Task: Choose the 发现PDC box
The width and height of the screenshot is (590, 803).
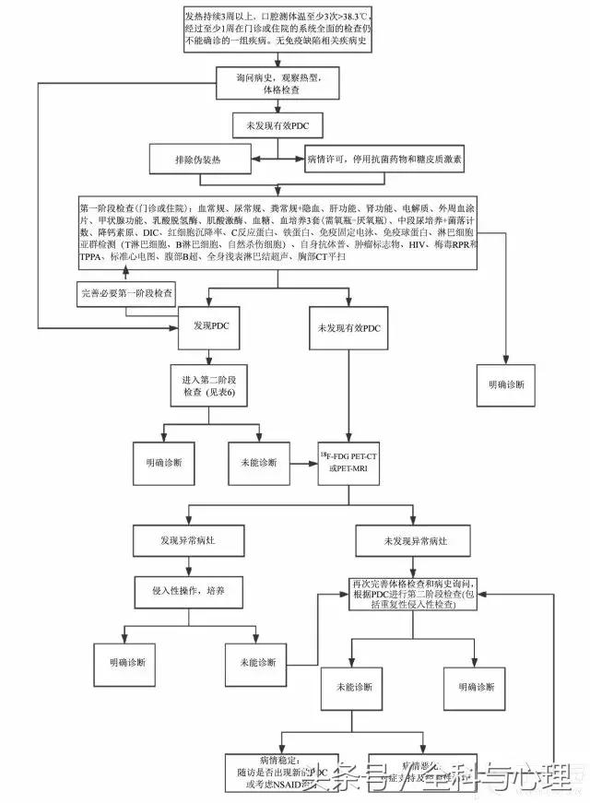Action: [208, 327]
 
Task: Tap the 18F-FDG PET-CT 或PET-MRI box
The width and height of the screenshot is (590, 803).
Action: [349, 462]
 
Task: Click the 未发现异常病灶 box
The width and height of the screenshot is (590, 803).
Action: [404, 539]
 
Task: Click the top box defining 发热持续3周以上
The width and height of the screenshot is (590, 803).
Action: [280, 30]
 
